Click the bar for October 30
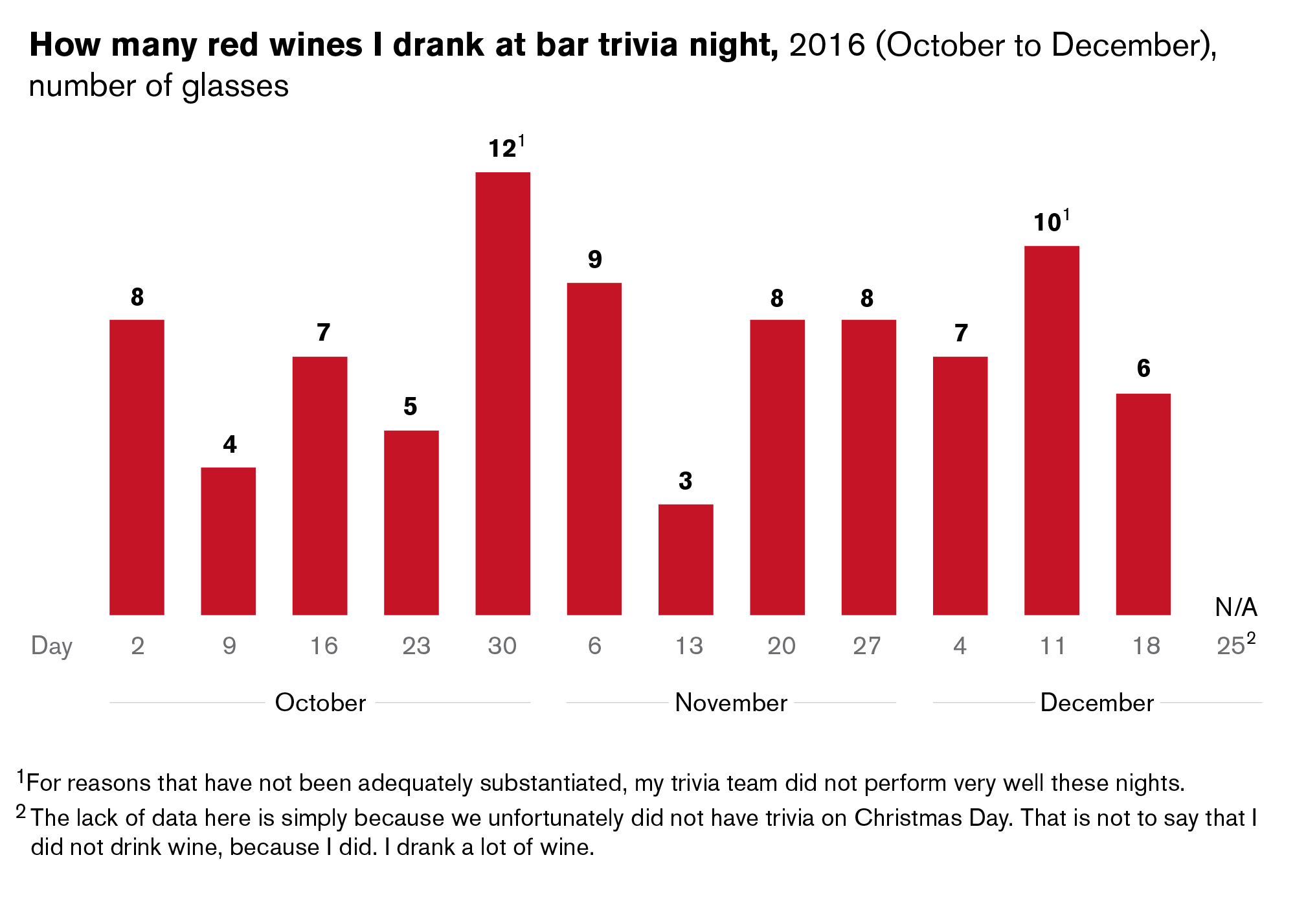[x=502, y=393]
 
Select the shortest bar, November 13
[x=686, y=559]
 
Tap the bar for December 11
[x=1052, y=430]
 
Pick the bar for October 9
[x=228, y=541]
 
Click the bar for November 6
[x=594, y=448]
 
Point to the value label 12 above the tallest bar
[x=502, y=149]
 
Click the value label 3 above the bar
[x=686, y=481]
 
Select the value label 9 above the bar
[x=594, y=260]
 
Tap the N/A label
[x=1235, y=608]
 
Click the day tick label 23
[x=416, y=646]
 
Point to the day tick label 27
[x=867, y=646]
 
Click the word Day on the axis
[x=52, y=646]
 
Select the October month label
[x=321, y=703]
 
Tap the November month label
[x=731, y=703]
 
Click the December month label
[x=1097, y=703]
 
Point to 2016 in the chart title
[x=827, y=45]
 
